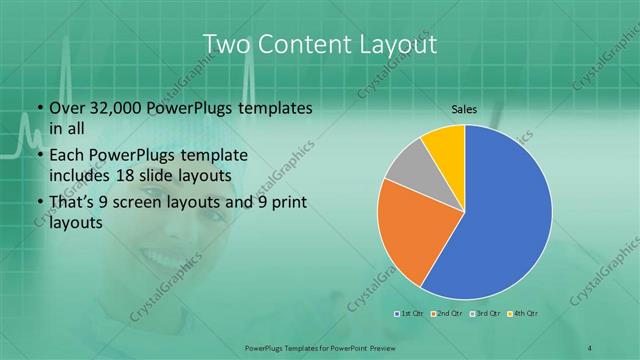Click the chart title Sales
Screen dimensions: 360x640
(x=464, y=112)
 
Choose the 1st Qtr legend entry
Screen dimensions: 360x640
(x=410, y=314)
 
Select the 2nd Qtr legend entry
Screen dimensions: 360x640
(x=446, y=314)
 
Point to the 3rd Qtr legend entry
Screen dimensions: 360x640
(x=484, y=314)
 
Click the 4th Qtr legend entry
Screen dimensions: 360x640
(x=522, y=314)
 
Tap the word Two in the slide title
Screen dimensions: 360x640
(x=225, y=45)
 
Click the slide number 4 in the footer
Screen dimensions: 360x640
(x=591, y=346)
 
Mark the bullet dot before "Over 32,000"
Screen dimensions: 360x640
(x=38, y=109)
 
